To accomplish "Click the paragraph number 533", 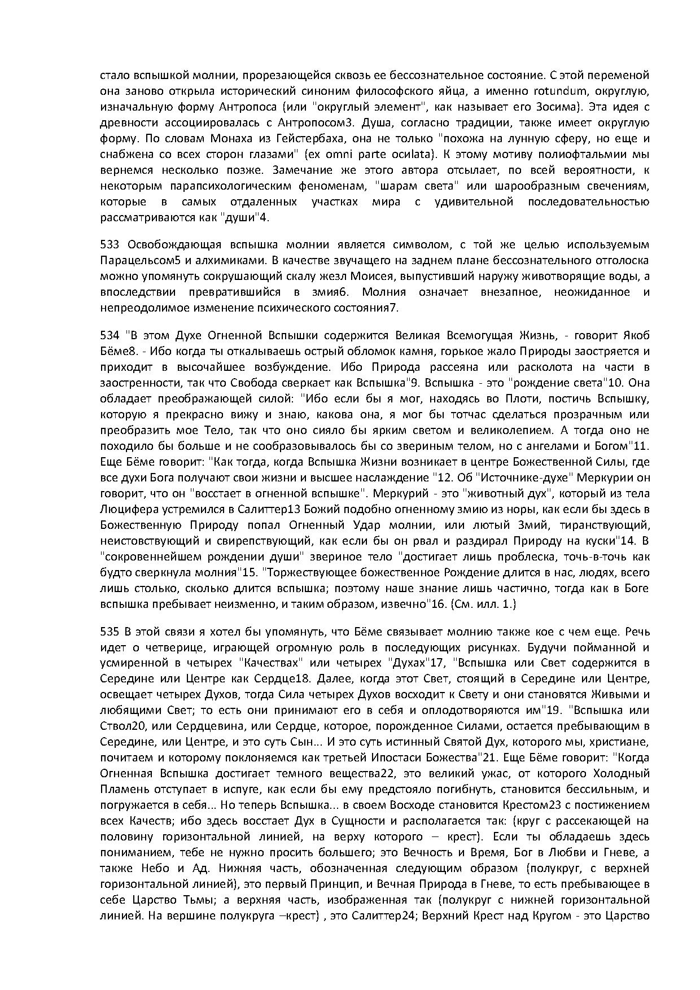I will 111,244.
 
